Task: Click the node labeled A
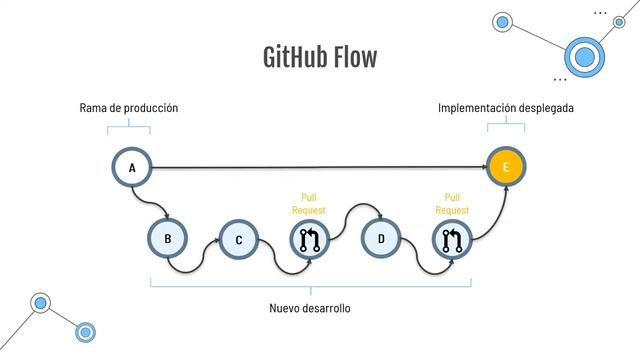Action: click(x=131, y=167)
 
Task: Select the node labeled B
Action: click(x=168, y=239)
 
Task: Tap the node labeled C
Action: click(x=239, y=240)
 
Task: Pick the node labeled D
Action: click(x=381, y=239)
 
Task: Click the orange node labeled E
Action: click(x=506, y=167)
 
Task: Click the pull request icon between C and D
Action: click(x=309, y=240)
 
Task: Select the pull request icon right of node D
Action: click(x=452, y=240)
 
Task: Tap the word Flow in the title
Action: click(x=356, y=57)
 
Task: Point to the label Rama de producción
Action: click(x=128, y=107)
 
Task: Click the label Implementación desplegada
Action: click(x=506, y=107)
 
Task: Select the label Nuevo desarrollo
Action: click(x=310, y=308)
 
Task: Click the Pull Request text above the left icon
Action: click(x=308, y=204)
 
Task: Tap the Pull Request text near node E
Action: click(x=451, y=204)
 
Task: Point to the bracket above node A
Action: click(x=129, y=127)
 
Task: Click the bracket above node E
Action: click(x=506, y=125)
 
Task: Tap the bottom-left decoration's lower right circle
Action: click(x=86, y=332)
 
